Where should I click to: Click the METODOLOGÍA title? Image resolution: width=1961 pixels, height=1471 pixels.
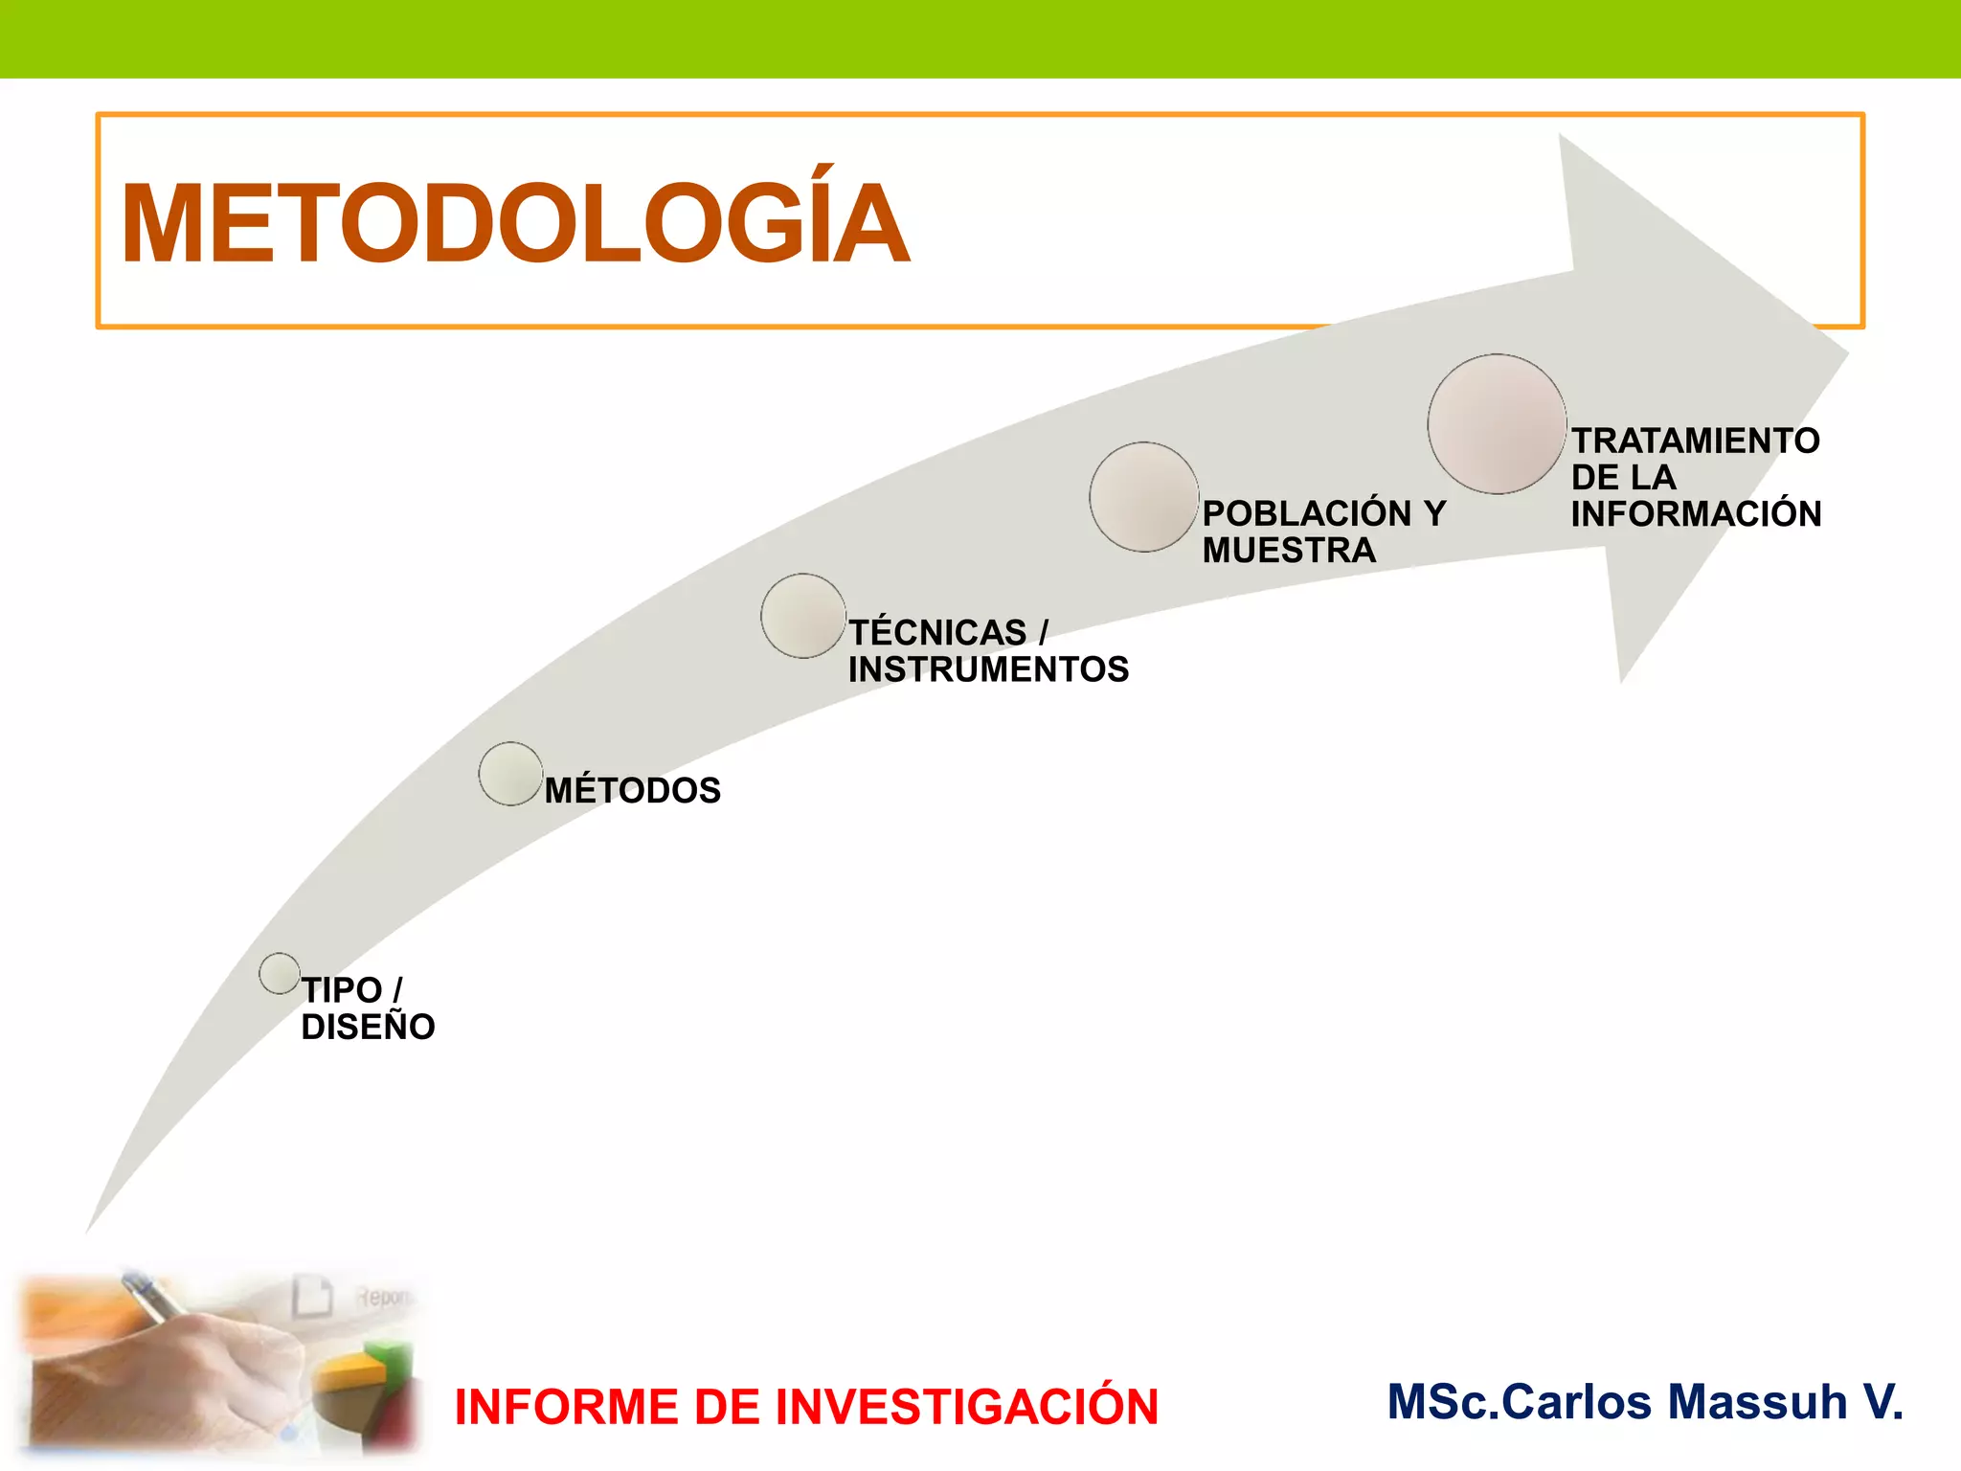[515, 224]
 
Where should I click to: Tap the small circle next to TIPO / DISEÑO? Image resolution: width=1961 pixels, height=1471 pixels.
[280, 973]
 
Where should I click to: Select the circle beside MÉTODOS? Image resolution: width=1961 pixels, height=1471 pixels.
[510, 774]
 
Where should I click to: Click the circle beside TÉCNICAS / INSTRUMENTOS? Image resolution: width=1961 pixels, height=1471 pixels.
[803, 616]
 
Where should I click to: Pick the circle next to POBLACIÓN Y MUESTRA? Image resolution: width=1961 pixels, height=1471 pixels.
[1144, 497]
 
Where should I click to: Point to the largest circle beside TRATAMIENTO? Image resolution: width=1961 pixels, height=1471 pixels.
[1497, 424]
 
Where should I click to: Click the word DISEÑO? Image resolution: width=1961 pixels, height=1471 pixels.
[368, 1027]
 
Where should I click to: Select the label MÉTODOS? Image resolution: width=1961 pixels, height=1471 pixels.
[632, 791]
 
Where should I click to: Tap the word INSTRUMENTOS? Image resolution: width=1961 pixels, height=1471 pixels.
[988, 669]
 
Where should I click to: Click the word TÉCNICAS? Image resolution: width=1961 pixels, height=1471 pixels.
[937, 633]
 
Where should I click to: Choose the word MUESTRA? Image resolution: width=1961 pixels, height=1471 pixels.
[1289, 551]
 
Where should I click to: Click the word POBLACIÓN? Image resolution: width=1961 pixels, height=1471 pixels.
[1307, 514]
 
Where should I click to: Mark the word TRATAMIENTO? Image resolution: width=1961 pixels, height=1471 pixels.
[1695, 441]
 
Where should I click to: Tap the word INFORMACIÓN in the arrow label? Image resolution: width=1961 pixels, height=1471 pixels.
[1695, 514]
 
